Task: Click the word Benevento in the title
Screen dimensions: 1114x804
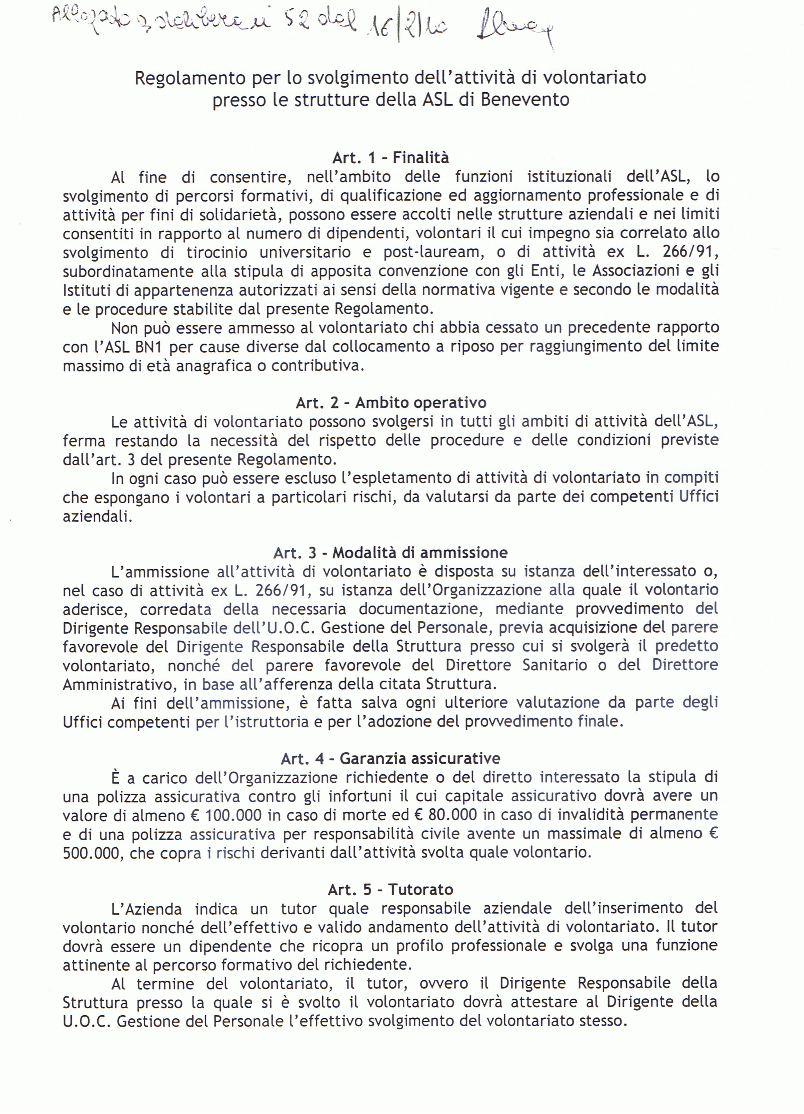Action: click(525, 100)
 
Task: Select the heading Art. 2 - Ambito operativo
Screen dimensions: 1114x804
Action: click(391, 403)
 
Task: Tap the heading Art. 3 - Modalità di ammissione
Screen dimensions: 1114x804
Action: click(391, 553)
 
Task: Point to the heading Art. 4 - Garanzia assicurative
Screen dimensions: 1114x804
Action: click(391, 758)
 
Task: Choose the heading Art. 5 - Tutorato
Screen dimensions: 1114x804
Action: click(391, 889)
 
